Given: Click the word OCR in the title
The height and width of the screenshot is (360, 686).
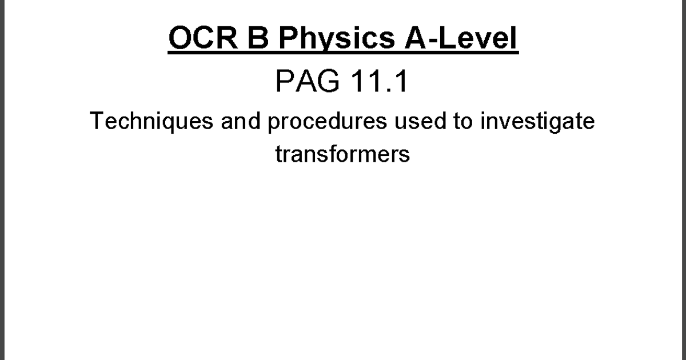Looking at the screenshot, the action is tap(203, 38).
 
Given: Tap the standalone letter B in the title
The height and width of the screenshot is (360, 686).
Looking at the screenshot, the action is tap(258, 38).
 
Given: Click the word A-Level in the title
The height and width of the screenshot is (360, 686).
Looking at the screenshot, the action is tap(461, 38).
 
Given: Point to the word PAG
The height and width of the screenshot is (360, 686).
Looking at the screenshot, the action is tap(308, 81).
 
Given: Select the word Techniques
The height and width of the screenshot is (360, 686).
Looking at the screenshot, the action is tap(151, 122).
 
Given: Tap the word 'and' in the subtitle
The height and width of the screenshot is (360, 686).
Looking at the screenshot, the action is tap(241, 121).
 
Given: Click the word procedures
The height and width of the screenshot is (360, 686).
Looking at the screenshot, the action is tap(328, 122).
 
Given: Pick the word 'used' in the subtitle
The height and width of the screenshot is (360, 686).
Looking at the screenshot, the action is tap(420, 121).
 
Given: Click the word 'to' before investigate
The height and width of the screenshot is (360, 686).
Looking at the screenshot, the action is tap(463, 121).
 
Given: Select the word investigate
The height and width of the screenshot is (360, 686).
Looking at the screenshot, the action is tap(537, 122).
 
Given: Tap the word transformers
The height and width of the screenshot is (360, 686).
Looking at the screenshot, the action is tap(342, 154).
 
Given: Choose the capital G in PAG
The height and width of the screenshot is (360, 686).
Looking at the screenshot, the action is tap(328, 81).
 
